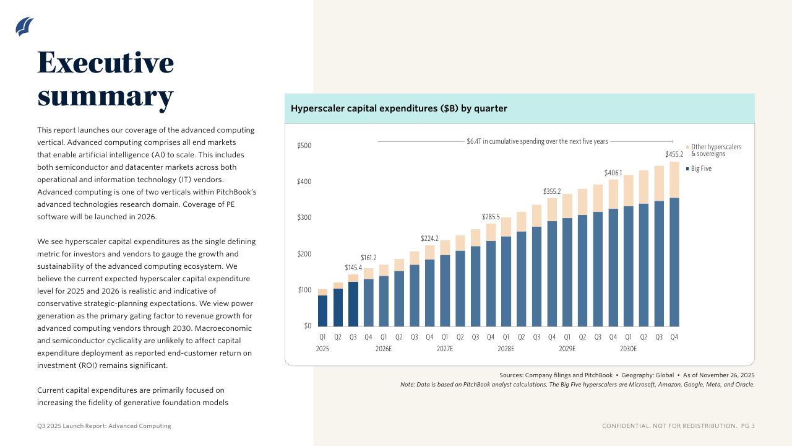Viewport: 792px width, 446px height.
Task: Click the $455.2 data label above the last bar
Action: (x=674, y=154)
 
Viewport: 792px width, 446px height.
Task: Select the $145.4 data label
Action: (x=353, y=268)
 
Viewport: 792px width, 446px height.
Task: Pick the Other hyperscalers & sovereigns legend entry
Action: (x=715, y=151)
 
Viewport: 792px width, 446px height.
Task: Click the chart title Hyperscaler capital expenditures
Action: (x=398, y=108)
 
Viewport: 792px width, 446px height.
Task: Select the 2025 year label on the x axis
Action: (x=322, y=349)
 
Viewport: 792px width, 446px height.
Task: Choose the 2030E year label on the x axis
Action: (x=628, y=349)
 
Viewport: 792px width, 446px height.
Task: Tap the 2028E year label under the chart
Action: (x=506, y=349)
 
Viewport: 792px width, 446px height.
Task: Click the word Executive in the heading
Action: (x=105, y=63)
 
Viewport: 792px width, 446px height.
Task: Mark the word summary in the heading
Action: (x=105, y=97)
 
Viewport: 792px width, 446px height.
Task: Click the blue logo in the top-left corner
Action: (x=24, y=26)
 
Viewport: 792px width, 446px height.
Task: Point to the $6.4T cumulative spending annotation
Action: (x=537, y=141)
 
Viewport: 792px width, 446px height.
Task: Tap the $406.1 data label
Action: (x=613, y=173)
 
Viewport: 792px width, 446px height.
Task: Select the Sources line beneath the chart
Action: (x=627, y=375)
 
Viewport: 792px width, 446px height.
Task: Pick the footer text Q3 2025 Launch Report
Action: (x=104, y=426)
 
